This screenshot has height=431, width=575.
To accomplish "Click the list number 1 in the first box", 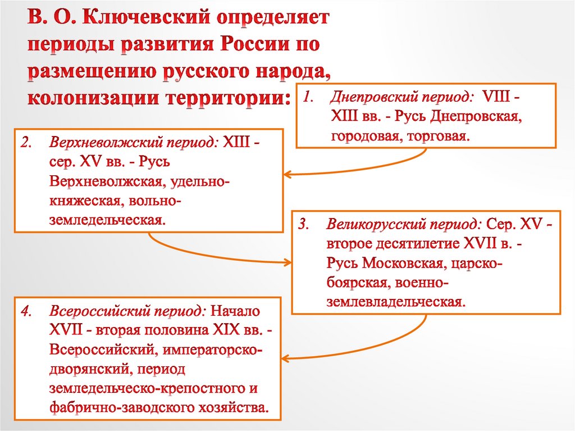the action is point(307,97).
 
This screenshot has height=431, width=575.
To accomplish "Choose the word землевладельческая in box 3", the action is point(396,302).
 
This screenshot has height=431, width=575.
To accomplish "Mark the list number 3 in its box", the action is point(303,225).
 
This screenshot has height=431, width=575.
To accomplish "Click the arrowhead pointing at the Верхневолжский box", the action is point(286,174).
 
